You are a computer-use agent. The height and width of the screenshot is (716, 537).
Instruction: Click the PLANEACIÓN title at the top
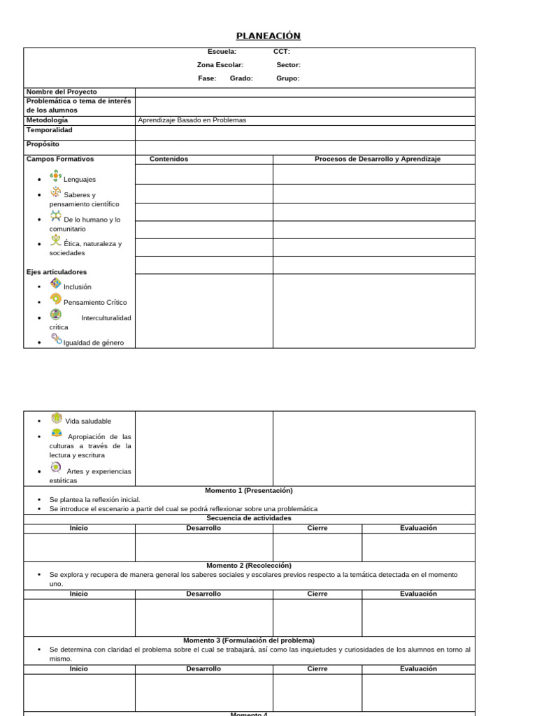coord(268,36)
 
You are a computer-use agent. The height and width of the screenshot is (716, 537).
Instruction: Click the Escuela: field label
coord(222,52)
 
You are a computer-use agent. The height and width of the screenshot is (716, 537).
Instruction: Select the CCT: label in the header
coord(281,52)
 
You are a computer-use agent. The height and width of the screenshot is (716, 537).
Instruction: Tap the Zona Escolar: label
coord(220,65)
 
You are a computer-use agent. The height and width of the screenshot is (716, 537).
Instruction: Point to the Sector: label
coord(288,65)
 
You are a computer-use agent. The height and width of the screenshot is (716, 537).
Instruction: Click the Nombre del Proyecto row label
coord(62,92)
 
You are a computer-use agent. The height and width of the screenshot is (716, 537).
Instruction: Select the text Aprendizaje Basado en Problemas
coord(192,120)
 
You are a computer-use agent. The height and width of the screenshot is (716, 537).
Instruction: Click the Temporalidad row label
coord(49,130)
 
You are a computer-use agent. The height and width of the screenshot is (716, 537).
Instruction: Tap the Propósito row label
coord(43,144)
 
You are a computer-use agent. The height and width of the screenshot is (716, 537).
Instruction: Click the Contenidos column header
coord(169,159)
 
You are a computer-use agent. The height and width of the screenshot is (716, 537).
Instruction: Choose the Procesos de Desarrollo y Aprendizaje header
coord(378,159)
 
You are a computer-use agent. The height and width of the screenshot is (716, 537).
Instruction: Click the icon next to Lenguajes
coord(55,176)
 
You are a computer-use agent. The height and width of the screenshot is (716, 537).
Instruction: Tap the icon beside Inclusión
coord(55,283)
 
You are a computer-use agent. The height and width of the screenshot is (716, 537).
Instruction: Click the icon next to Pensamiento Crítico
coord(55,299)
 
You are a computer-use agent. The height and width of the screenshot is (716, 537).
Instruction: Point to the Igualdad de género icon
coord(55,339)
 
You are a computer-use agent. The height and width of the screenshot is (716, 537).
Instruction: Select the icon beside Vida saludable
coord(56,418)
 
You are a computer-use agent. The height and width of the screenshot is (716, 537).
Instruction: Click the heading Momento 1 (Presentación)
coord(249,491)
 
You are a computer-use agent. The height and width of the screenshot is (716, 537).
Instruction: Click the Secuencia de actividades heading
coord(249,519)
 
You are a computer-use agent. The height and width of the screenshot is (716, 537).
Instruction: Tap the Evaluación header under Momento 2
coord(418,594)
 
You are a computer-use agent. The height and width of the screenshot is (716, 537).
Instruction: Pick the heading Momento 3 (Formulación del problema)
coord(249,640)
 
